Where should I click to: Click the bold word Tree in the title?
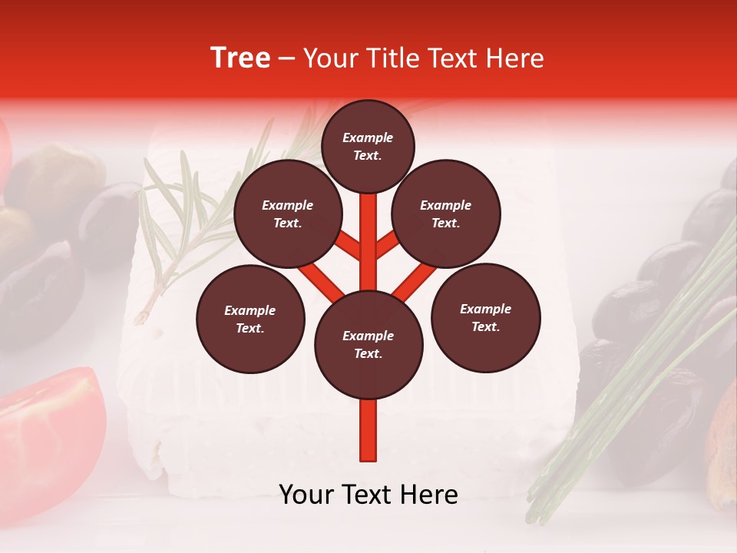coord(240,58)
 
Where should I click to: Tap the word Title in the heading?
coord(392,58)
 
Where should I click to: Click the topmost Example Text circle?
coord(368,146)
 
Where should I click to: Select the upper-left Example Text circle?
coord(287,214)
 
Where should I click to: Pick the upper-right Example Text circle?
coord(446,214)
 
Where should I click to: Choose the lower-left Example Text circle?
coord(250,319)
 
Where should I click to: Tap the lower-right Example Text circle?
coord(485,317)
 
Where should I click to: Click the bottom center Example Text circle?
coord(368,344)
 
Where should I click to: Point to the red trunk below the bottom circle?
coord(368,430)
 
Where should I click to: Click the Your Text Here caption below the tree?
coord(368,495)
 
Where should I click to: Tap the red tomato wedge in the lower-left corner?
coord(50,430)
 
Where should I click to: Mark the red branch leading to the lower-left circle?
coord(321,280)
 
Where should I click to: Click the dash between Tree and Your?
coord(287,59)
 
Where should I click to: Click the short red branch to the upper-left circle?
coord(347,246)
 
